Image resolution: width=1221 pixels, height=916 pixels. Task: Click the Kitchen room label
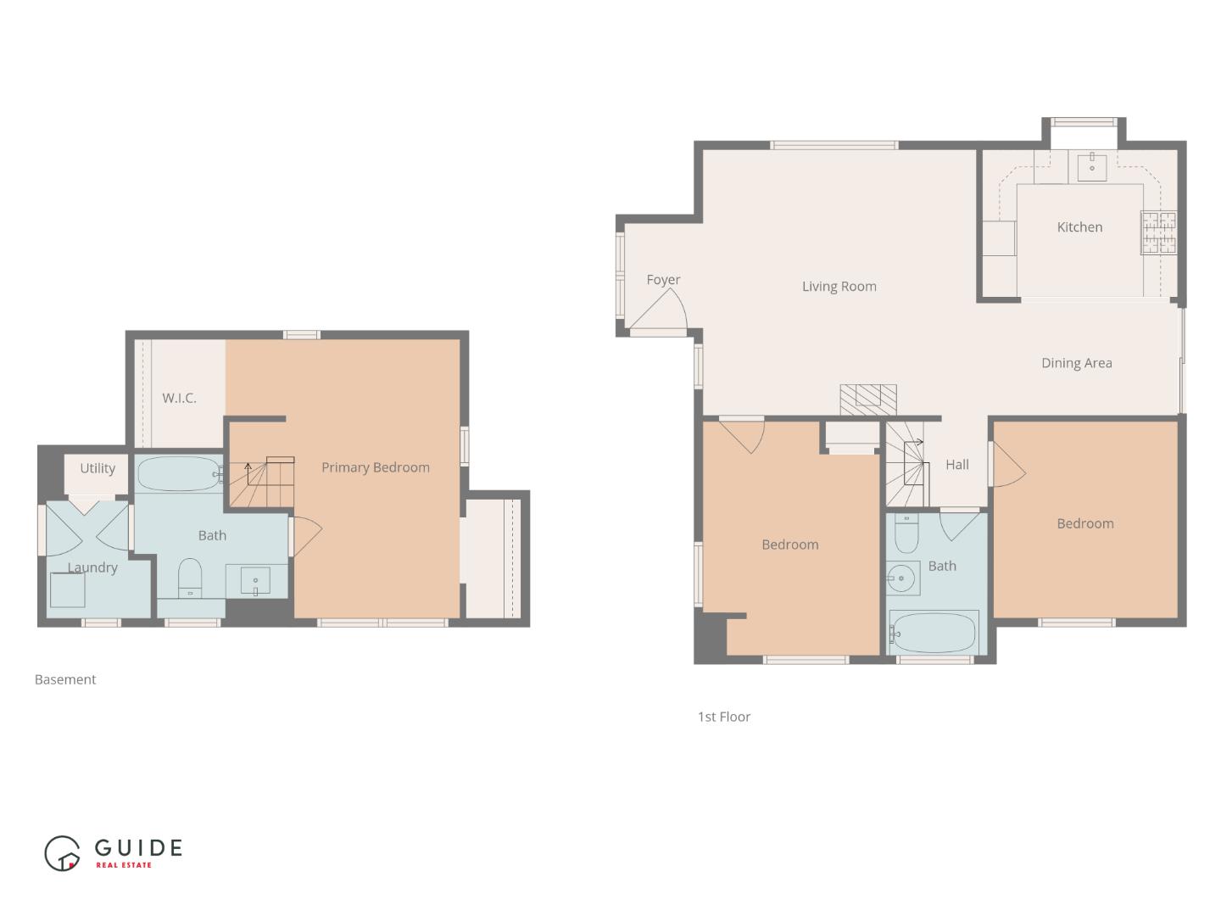tap(1079, 227)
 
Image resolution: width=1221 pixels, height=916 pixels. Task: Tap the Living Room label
tap(839, 287)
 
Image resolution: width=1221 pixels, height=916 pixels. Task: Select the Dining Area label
tap(1076, 363)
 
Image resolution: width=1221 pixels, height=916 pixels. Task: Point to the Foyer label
tap(663, 280)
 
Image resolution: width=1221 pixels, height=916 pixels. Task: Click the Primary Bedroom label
tap(375, 467)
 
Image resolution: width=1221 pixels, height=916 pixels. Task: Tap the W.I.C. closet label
tap(179, 398)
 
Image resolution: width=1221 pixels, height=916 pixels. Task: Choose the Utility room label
tap(98, 468)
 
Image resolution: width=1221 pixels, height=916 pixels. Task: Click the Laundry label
tap(92, 567)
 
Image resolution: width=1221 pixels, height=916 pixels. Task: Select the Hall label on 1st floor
tap(956, 465)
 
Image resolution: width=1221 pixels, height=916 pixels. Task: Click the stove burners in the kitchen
tap(1159, 232)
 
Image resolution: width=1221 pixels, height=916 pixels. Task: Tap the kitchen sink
tap(1092, 166)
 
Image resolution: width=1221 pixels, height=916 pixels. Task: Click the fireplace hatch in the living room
tap(868, 399)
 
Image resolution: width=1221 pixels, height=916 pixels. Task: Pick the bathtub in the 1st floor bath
tap(934, 632)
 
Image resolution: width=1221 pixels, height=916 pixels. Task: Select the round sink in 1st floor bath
tap(902, 579)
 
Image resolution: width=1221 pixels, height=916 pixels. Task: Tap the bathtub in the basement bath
tap(180, 474)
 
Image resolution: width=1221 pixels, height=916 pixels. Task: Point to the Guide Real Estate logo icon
tap(63, 853)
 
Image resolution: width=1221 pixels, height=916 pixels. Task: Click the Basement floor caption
tap(65, 679)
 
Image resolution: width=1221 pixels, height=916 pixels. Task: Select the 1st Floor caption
tap(723, 717)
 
